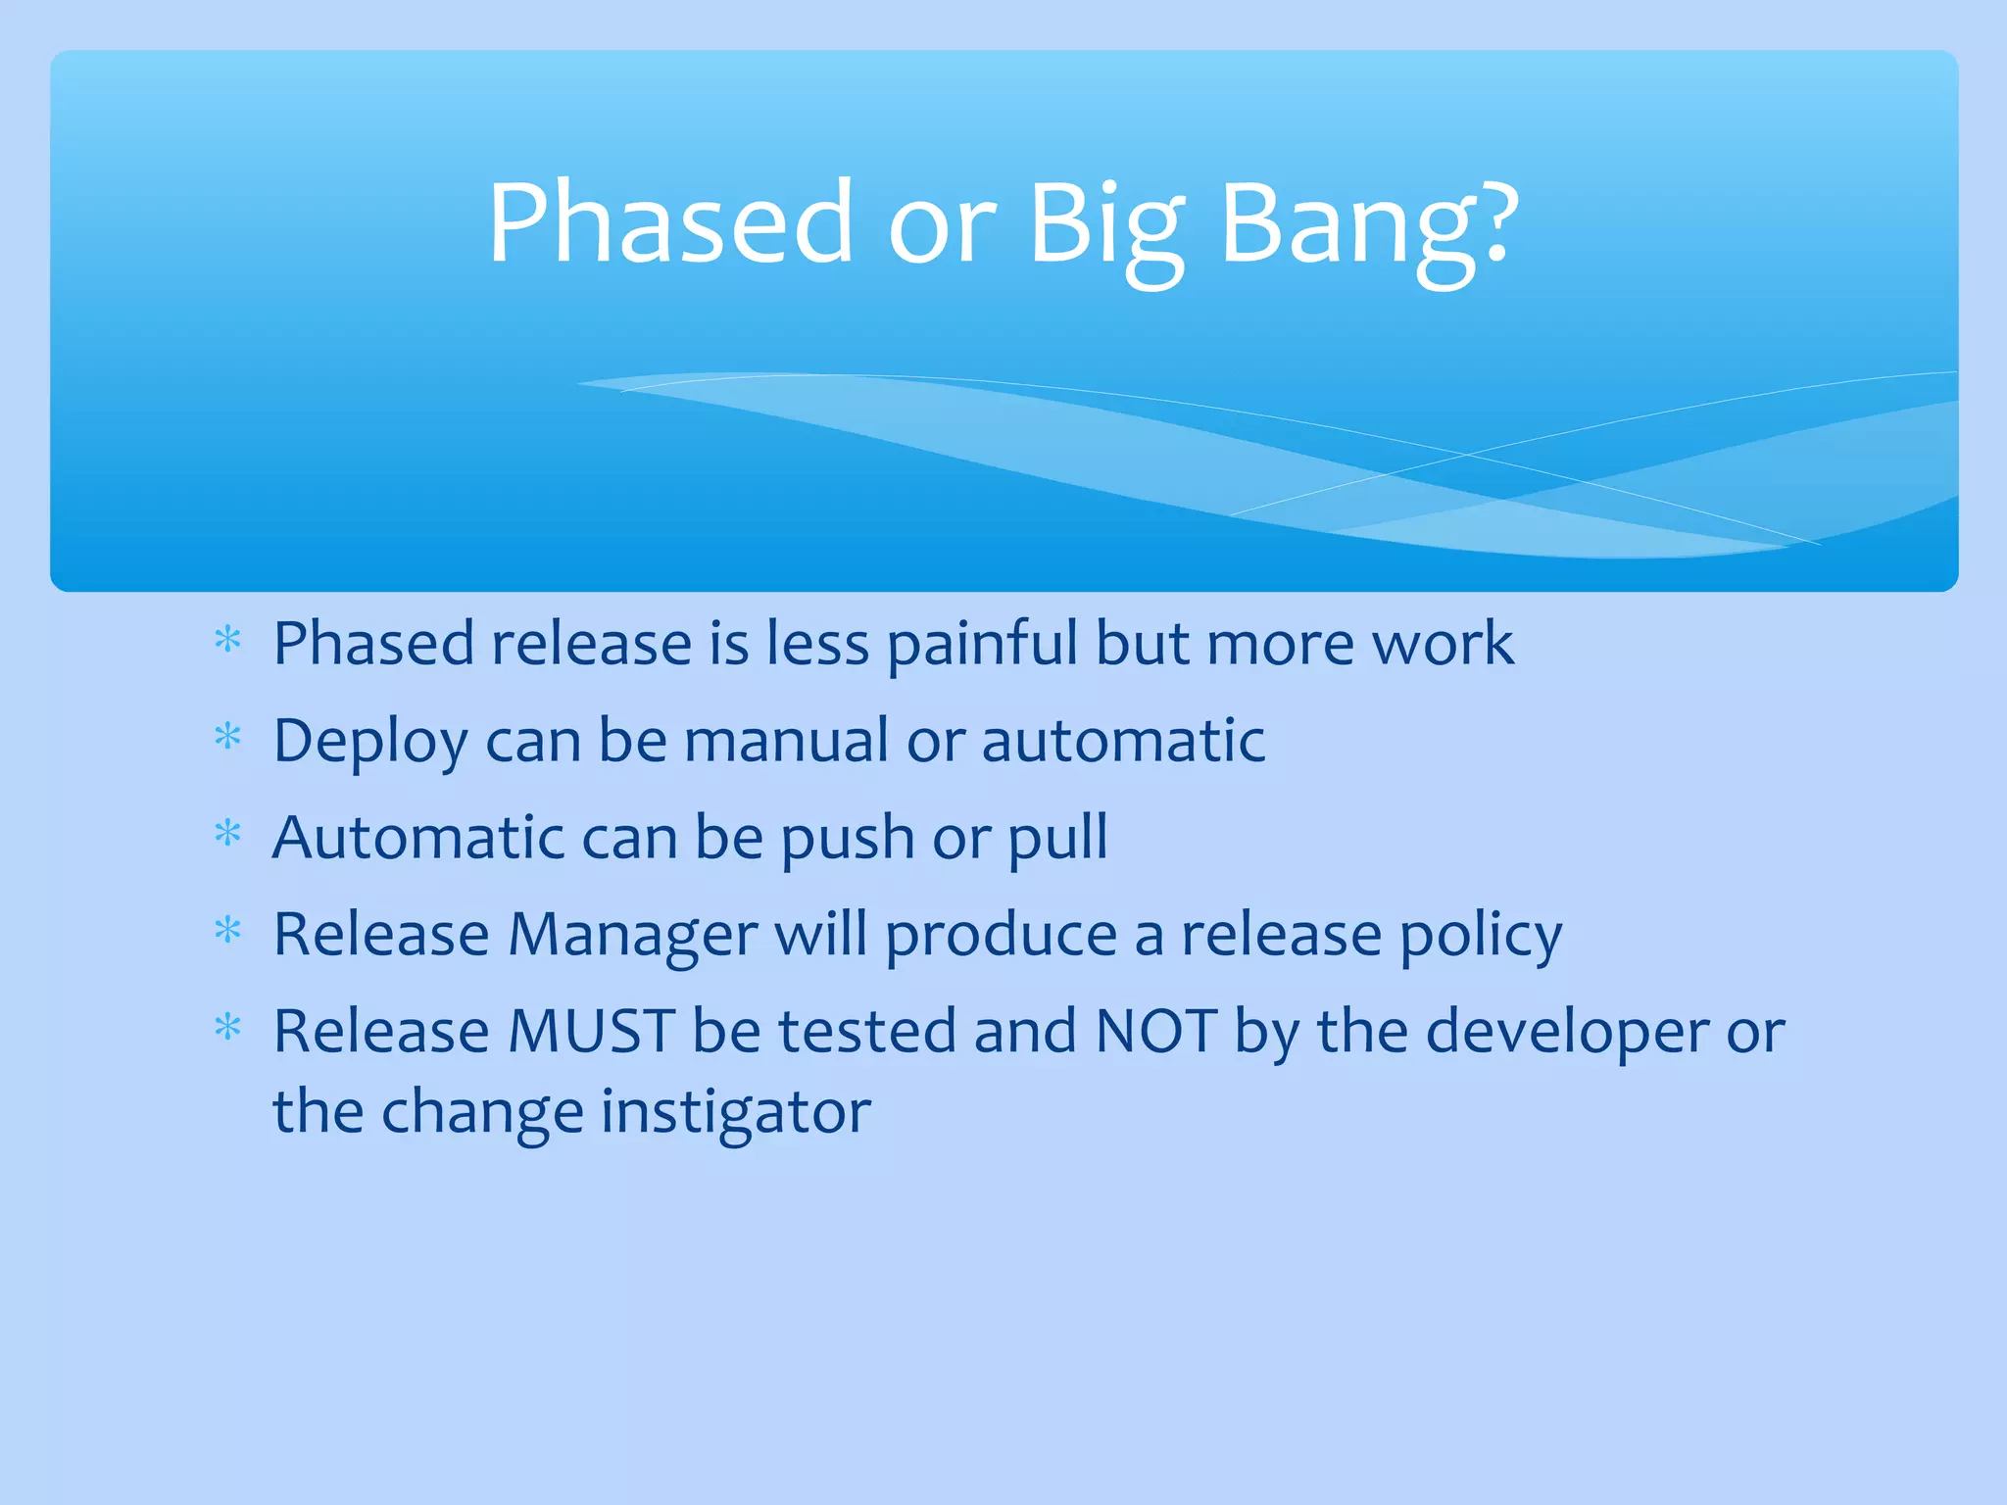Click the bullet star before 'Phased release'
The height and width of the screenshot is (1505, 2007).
[x=227, y=641]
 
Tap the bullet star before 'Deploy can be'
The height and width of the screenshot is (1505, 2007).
[x=227, y=737]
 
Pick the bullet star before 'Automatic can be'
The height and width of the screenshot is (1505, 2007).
[x=227, y=834]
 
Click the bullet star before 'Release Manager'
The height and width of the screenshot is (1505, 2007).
[x=227, y=931]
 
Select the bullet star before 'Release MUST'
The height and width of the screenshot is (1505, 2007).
[x=227, y=1028]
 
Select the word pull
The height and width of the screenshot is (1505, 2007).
[x=1058, y=839]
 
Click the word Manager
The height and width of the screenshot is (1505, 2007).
[x=632, y=936]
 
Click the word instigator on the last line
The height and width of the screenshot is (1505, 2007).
[x=735, y=1114]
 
